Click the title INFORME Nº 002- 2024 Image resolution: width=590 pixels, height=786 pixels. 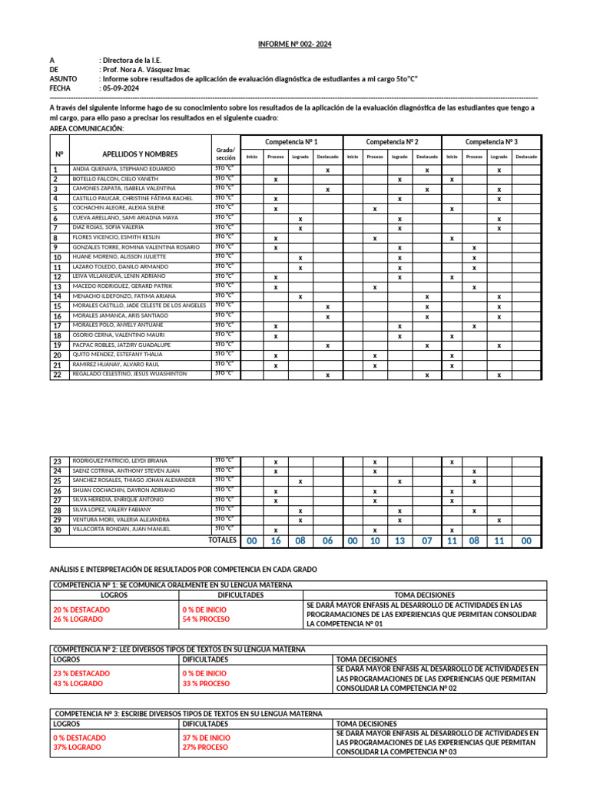pos(295,45)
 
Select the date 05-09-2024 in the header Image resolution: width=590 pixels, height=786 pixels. pos(121,88)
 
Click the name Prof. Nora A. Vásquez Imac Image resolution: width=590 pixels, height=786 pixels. pos(145,69)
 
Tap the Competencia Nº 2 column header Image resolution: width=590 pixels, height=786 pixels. pos(392,142)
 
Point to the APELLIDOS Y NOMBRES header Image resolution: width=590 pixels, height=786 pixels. pos(140,154)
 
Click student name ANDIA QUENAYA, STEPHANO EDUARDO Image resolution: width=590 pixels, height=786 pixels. pos(123,169)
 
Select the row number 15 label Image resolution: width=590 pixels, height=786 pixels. pos(57,306)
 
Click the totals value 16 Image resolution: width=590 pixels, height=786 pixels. pos(276,541)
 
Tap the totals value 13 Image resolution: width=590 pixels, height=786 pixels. pos(399,541)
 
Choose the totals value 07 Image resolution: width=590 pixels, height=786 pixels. pos(427,541)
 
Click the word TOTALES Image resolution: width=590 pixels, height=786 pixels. pos(222,540)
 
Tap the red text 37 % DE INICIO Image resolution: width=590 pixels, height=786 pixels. pos(206,738)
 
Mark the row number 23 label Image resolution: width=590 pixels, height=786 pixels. pos(57,461)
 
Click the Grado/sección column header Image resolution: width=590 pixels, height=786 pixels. pos(225,153)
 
